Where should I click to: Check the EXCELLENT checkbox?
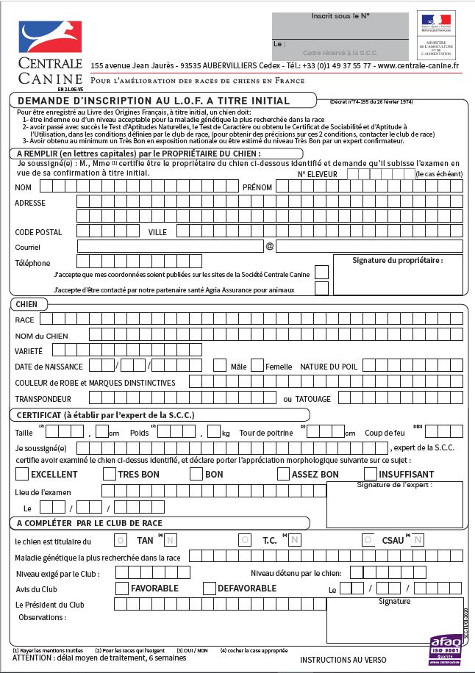point(22,474)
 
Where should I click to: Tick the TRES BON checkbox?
point(110,474)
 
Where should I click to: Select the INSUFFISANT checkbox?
point(370,474)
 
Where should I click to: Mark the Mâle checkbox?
point(219,365)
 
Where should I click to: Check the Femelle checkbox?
point(257,365)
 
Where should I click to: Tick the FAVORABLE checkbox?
point(123,588)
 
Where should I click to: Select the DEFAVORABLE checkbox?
point(210,588)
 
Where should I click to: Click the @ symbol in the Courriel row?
point(269,246)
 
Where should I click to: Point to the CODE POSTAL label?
point(38,232)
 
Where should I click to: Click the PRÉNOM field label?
point(257,187)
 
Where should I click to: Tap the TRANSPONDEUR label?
point(43,399)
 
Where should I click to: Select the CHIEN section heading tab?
point(27,304)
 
